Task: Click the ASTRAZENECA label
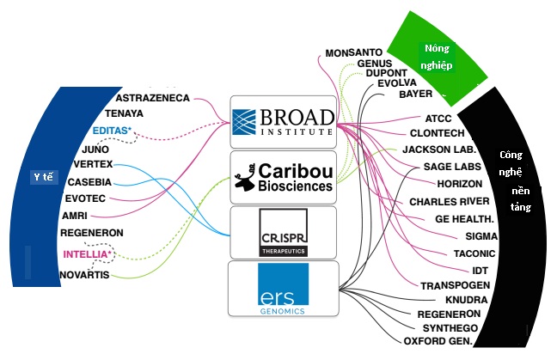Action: coord(152,99)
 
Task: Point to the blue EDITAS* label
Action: coord(112,131)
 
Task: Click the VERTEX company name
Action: coord(93,164)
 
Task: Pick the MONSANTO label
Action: coord(354,53)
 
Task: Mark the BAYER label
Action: coord(415,94)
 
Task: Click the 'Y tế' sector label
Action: coord(43,177)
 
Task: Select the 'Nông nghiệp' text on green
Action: coord(433,56)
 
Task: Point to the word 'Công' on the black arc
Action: coord(512,156)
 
